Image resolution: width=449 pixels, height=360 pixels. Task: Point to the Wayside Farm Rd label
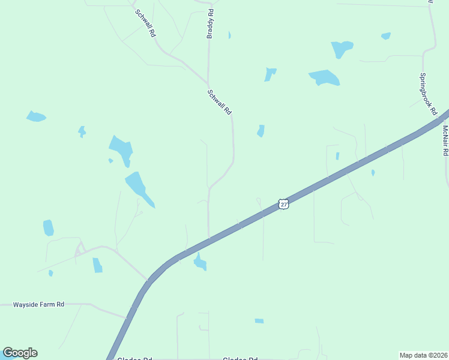(38, 305)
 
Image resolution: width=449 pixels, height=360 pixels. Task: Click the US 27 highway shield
(284, 205)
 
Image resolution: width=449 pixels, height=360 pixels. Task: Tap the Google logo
(20, 353)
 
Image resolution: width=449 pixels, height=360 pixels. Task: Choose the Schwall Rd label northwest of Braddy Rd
(145, 24)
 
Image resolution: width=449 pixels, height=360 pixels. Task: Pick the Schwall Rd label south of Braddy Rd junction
(219, 103)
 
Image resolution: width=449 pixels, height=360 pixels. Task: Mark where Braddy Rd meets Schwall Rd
(208, 83)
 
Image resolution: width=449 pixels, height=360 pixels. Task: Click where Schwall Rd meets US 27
(209, 239)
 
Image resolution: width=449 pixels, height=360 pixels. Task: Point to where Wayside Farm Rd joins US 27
(128, 316)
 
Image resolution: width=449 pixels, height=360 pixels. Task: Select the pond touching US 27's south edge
(200, 262)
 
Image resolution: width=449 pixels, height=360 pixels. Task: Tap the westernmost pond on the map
(35, 116)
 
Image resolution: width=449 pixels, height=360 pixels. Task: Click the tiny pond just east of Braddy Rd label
(229, 35)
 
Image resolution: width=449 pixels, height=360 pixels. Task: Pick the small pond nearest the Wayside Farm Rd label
(50, 273)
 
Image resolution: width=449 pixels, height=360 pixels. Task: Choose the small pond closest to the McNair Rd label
(373, 173)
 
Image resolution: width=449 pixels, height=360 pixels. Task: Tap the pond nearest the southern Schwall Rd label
(261, 131)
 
